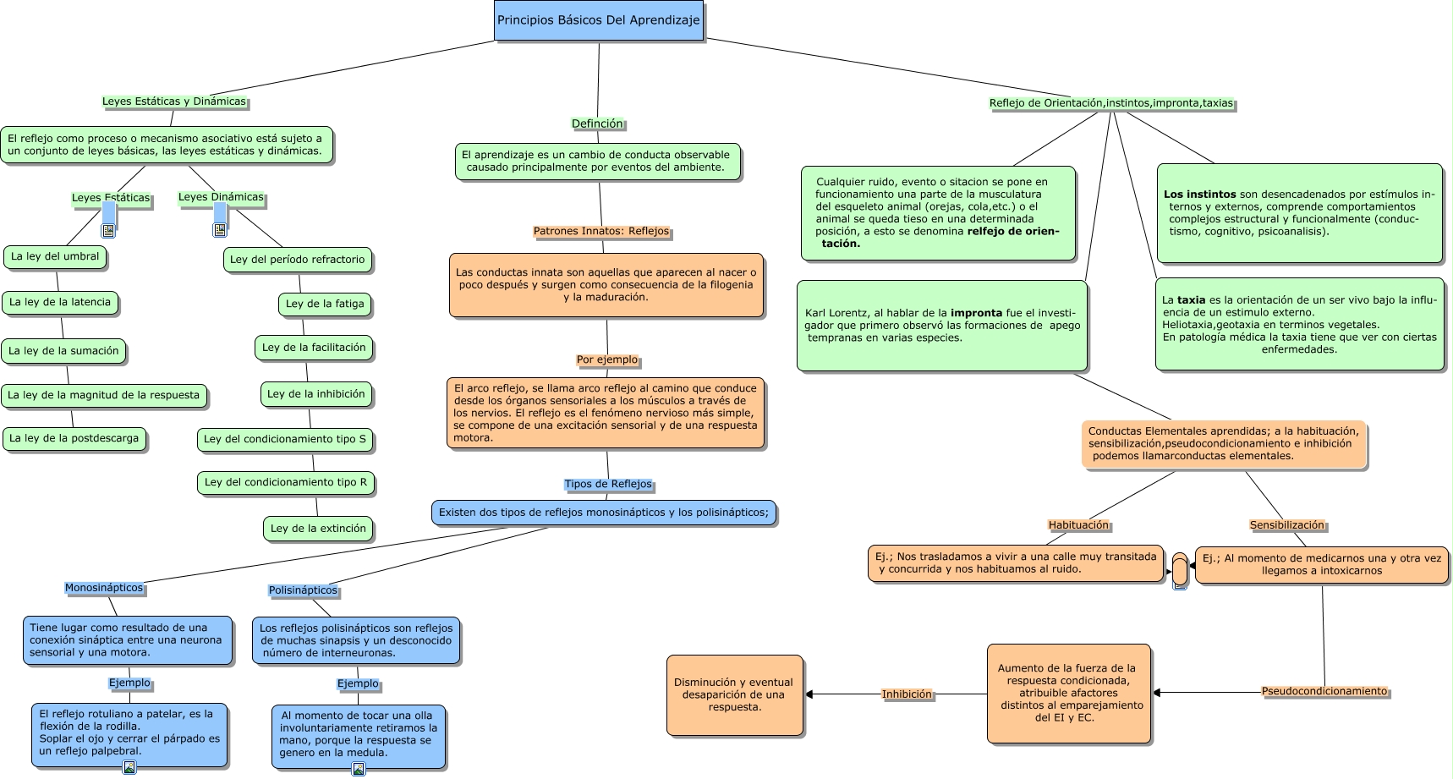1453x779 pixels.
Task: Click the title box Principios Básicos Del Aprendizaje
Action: coord(598,20)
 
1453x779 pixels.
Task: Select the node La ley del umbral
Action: coord(55,257)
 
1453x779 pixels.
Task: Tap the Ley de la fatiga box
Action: coord(325,304)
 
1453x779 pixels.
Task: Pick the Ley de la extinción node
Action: coord(318,529)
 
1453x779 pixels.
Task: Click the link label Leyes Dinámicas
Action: coord(221,197)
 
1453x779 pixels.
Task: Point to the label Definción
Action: coord(597,123)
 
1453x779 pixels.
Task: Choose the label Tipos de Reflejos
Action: coord(608,484)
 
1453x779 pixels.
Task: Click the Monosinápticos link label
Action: coord(104,588)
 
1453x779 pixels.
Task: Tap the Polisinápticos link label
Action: coord(303,590)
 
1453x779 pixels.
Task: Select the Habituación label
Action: coord(1078,525)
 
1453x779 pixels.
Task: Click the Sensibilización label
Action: coord(1286,525)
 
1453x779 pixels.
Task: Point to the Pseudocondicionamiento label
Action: coord(1324,691)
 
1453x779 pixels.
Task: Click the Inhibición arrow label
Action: coord(907,694)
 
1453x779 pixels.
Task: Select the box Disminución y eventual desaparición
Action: coord(734,694)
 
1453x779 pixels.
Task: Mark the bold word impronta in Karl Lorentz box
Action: coord(976,313)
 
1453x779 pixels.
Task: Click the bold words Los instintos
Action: coord(1199,195)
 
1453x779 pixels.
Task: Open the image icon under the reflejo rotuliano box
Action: coord(129,767)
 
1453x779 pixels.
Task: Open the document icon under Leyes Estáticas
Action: coord(108,230)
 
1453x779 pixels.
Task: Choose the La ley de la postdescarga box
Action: coord(74,439)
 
